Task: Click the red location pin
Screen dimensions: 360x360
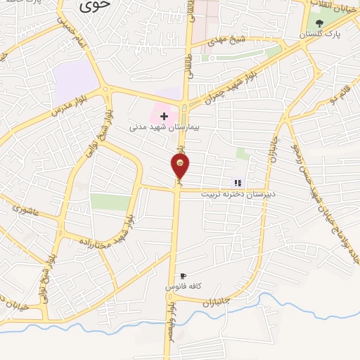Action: (180, 167)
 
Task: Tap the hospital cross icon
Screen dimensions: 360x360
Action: (164, 115)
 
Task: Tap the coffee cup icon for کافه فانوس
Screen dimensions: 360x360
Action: (184, 276)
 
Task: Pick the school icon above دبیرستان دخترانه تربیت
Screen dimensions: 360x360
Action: (238, 182)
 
